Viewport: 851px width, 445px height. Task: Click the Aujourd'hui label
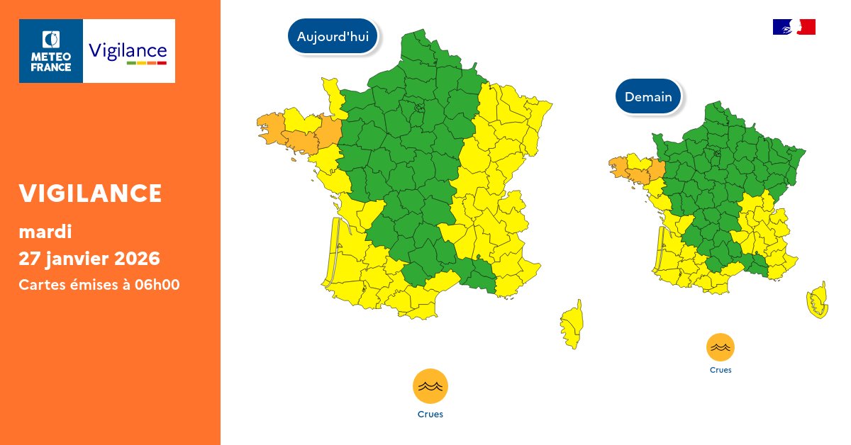(x=333, y=37)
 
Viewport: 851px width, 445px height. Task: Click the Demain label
(x=648, y=97)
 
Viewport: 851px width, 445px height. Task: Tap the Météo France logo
(x=51, y=51)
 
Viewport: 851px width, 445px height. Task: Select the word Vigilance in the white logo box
(x=128, y=50)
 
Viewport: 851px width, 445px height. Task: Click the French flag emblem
(x=794, y=27)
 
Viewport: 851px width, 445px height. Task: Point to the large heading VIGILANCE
(x=91, y=193)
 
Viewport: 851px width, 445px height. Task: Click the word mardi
(x=45, y=231)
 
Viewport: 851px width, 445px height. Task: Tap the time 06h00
(x=159, y=285)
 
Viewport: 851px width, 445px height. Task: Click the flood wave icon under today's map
(x=430, y=386)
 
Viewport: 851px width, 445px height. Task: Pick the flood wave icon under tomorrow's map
(x=720, y=347)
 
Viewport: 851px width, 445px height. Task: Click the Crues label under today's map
(x=430, y=415)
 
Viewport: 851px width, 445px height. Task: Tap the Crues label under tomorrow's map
(x=720, y=370)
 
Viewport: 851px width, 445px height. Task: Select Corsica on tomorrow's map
(x=818, y=300)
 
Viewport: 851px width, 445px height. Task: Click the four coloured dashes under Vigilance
(x=146, y=64)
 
